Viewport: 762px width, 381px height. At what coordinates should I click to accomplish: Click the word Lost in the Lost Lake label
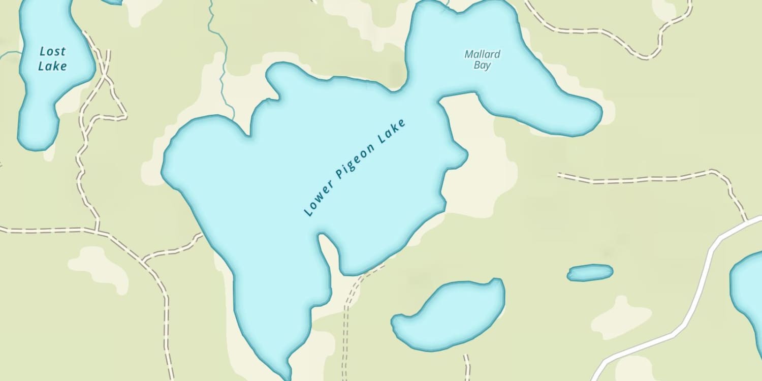[x=52, y=51]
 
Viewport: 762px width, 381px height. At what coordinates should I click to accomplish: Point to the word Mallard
[x=482, y=54]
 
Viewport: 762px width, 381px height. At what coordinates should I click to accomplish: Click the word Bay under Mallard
[x=482, y=65]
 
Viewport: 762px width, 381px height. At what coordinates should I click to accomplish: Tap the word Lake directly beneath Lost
[x=52, y=66]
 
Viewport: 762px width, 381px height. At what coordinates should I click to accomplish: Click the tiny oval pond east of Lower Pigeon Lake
[x=590, y=273]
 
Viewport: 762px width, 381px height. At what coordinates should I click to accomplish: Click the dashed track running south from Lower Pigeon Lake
[x=347, y=325]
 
